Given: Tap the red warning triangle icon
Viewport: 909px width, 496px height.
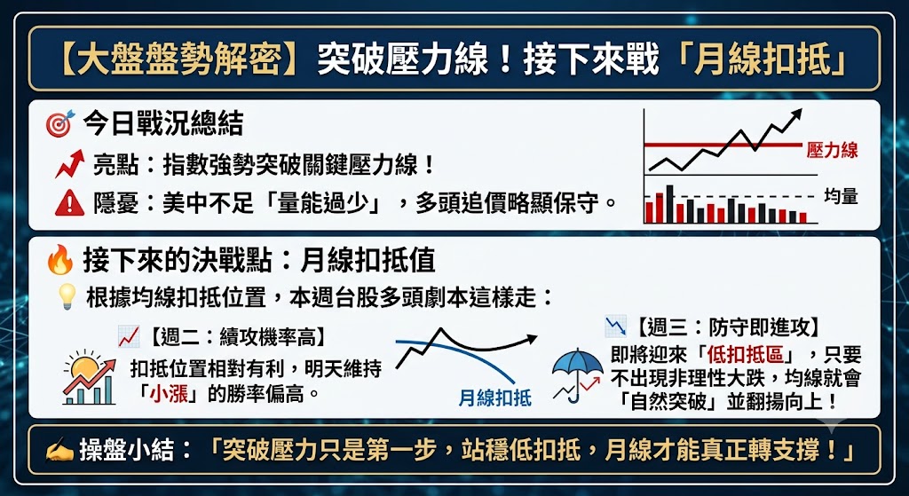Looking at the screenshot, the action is click(x=69, y=203).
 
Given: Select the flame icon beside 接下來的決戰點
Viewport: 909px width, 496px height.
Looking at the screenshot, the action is click(x=60, y=260).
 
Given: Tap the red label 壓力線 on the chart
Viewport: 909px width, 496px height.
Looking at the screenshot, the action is click(x=832, y=151).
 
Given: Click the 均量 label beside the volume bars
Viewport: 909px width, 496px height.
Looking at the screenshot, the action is click(x=841, y=196).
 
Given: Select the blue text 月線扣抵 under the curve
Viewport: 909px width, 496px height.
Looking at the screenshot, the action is click(x=494, y=398).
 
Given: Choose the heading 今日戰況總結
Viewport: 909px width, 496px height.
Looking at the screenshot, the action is click(x=162, y=123).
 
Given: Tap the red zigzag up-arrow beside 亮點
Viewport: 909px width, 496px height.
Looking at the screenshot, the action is click(x=69, y=164).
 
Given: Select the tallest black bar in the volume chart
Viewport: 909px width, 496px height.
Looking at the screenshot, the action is click(x=670, y=204).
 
